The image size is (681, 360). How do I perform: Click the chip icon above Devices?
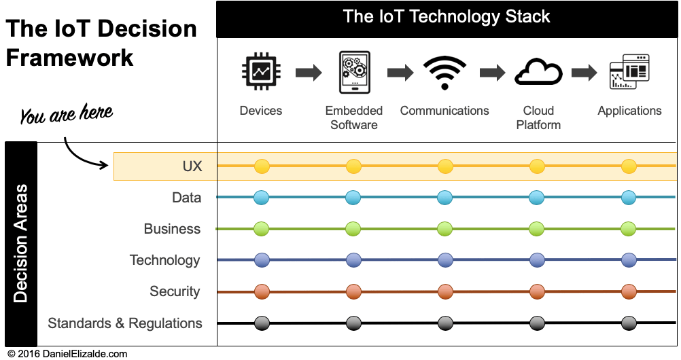[261, 71]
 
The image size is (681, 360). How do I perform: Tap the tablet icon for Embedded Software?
[354, 72]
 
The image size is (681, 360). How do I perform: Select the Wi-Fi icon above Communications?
[444, 73]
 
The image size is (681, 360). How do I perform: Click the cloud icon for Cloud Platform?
[538, 72]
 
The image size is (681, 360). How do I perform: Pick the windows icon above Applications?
[629, 71]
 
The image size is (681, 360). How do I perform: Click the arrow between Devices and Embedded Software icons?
[309, 72]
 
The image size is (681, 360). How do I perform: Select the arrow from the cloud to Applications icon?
[584, 72]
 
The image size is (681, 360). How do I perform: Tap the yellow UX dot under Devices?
[262, 166]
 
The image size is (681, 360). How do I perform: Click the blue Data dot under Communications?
[445, 198]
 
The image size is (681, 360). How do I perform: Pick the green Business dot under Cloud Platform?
[537, 229]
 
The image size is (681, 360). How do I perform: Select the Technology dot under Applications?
[629, 260]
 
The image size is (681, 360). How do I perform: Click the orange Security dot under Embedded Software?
[353, 291]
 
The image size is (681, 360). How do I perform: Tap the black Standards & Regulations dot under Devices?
[262, 323]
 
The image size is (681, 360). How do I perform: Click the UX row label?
[192, 166]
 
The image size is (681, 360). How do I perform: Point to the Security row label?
[175, 291]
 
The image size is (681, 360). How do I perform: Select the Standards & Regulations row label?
[125, 323]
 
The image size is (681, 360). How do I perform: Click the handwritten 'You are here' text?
[66, 113]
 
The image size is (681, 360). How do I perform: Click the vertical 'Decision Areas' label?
[20, 243]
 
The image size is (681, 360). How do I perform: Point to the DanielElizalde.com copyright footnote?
[68, 354]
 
